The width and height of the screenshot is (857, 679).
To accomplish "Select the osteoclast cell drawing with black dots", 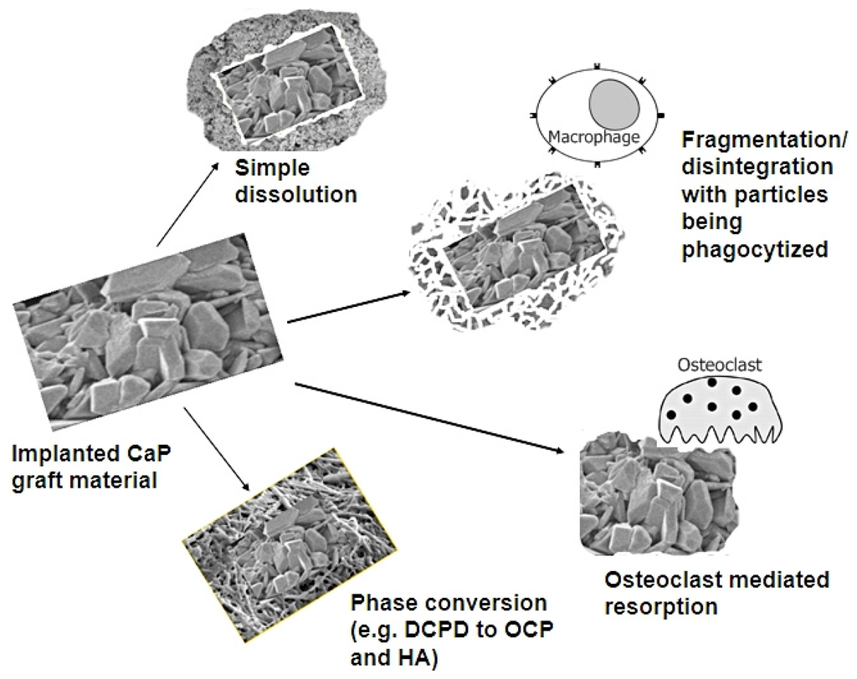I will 721,411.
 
